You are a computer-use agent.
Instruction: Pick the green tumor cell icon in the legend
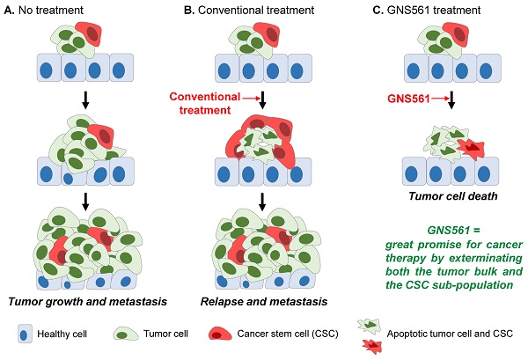(x=128, y=335)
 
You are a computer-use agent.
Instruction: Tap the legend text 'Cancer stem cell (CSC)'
(x=294, y=335)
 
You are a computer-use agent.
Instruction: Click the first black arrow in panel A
(x=86, y=99)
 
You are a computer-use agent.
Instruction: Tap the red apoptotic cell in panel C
(x=473, y=147)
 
